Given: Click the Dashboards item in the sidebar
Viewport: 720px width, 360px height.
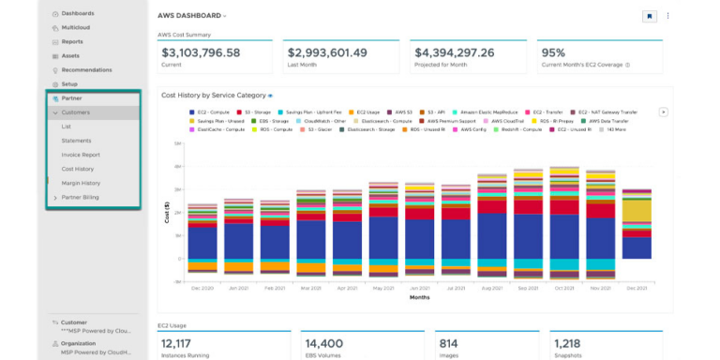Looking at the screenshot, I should tap(79, 14).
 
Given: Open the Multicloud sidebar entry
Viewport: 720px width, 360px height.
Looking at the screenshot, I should tap(77, 28).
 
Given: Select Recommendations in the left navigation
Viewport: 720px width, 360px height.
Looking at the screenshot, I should tap(86, 70).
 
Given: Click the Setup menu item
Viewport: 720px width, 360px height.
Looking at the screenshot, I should tap(70, 84).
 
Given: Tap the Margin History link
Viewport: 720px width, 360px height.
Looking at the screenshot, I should tap(82, 183).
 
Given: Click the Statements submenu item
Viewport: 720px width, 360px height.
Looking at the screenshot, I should tap(76, 141).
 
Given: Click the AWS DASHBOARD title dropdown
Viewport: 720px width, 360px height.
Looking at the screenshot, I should tap(192, 16).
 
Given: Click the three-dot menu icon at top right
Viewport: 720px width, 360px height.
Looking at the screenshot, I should tap(667, 16).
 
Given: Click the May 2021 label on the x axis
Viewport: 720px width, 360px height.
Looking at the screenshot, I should tap(382, 288).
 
